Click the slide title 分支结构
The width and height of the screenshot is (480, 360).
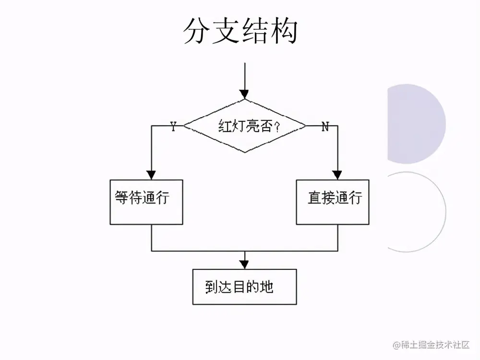coord(240,32)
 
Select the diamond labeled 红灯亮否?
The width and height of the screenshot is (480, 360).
coord(245,126)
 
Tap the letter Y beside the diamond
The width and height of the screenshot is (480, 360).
coord(173,126)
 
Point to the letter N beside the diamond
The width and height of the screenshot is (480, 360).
coord(325,126)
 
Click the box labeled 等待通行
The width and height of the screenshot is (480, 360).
coord(146,202)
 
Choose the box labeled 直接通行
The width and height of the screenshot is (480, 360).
coord(332,202)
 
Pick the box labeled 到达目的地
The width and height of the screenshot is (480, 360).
coord(244,287)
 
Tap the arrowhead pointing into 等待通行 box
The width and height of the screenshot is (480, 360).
coord(152,174)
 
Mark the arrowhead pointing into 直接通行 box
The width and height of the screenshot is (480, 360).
coord(337,174)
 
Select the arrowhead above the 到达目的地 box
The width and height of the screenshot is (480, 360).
coord(244,264)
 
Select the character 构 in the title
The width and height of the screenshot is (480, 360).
coord(283,32)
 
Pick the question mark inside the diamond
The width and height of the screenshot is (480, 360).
coord(276,127)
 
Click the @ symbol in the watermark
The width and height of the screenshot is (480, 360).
coord(397,345)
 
